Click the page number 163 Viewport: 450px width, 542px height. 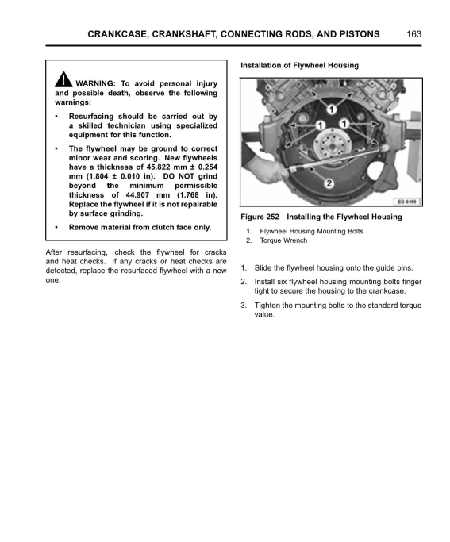[413, 34]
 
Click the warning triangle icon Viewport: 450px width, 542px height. [63, 79]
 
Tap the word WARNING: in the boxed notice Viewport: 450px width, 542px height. [96, 83]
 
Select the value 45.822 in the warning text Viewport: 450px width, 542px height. [158, 167]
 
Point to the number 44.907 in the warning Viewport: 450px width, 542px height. [137, 195]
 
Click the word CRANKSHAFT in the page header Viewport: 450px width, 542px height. [184, 34]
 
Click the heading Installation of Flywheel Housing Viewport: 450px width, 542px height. [300, 65]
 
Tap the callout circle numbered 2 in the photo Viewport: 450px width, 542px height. [329, 183]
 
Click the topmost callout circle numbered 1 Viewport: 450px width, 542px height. [332, 110]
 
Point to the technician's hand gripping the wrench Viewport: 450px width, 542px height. [271, 167]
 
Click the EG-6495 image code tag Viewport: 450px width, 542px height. [407, 202]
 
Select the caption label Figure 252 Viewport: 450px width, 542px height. [260, 217]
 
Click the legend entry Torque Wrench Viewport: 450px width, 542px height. [283, 240]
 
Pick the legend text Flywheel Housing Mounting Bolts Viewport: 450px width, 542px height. [311, 231]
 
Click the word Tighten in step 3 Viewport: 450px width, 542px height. [267, 306]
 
